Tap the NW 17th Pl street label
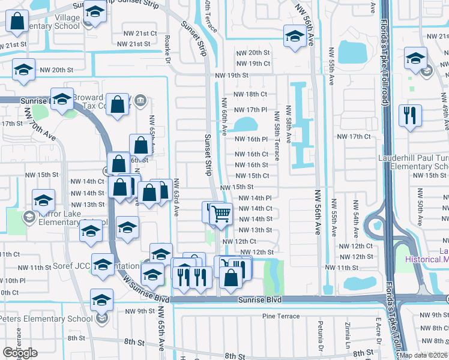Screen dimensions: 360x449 coord(250,110)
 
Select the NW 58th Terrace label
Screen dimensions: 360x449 coord(277,136)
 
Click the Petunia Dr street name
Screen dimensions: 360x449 coord(321,344)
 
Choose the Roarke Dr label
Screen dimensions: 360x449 coord(167,48)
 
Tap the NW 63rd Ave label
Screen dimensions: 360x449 coord(176,197)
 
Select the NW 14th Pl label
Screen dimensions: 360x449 coord(255,198)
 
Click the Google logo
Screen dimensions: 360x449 coord(20,353)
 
